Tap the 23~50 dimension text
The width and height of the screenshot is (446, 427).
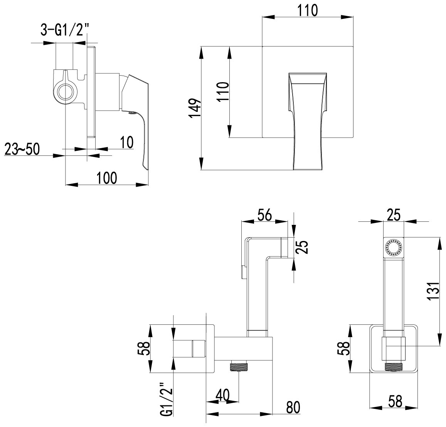tap(22, 149)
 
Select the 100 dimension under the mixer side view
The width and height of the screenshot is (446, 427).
tap(107, 178)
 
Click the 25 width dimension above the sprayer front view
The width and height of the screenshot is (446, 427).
tap(394, 214)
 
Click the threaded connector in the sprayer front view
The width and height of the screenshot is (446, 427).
tap(394, 367)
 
